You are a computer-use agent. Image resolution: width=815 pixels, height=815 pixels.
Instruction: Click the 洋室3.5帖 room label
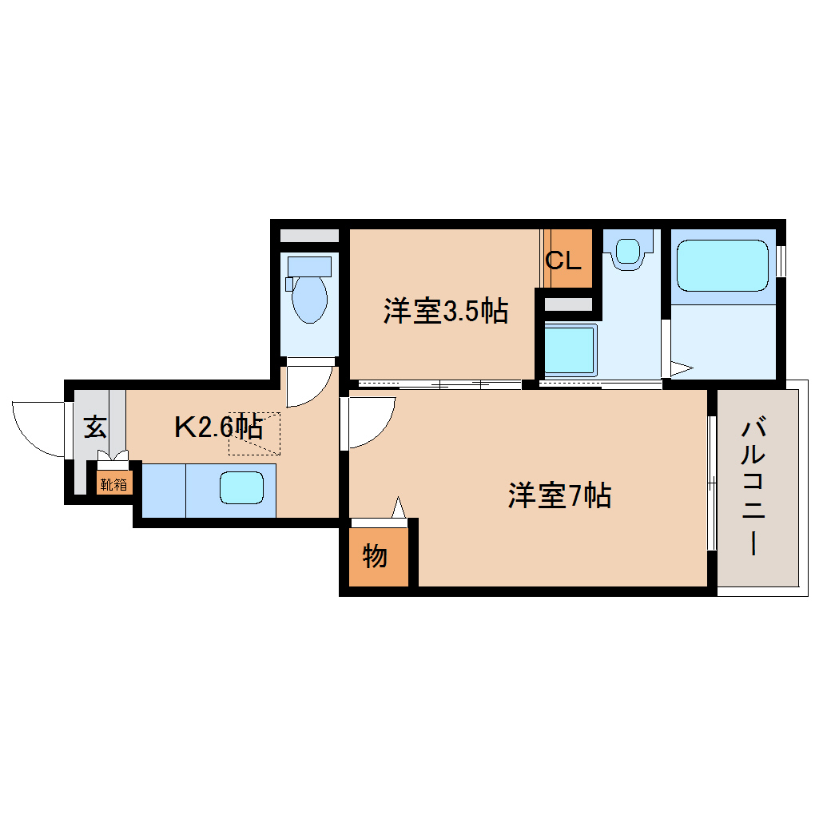[445, 311]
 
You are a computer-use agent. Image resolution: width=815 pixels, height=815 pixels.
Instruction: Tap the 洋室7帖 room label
[559, 496]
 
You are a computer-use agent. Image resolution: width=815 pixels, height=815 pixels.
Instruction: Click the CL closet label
[563, 260]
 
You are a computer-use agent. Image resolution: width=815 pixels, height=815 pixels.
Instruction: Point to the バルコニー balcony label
[753, 487]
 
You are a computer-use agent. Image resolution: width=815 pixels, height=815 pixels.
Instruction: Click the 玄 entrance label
[95, 427]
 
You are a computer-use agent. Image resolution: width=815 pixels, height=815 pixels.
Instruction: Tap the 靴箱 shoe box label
[113, 483]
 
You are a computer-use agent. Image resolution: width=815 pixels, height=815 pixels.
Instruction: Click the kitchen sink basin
[241, 487]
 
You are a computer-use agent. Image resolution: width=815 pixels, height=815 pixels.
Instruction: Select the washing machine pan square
[570, 350]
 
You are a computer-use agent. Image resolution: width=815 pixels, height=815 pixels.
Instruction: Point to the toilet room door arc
[308, 386]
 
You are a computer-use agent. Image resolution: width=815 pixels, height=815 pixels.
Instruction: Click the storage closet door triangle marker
[399, 508]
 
